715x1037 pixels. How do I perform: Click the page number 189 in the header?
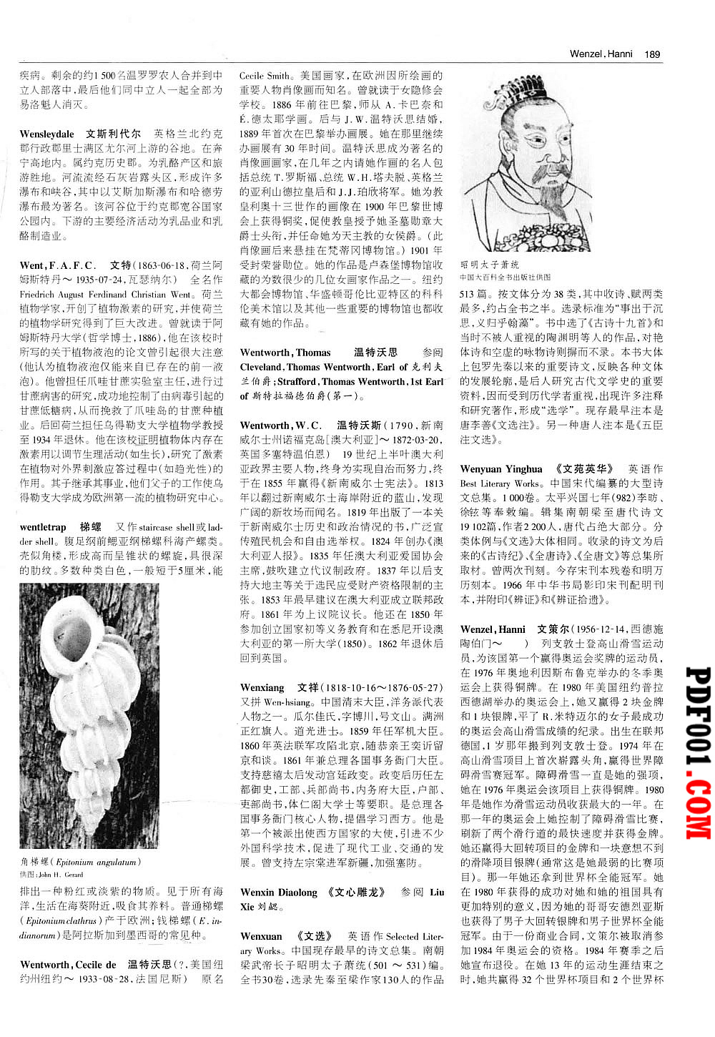(x=652, y=54)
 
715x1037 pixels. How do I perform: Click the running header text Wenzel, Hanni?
(x=601, y=54)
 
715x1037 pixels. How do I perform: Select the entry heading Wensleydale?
(x=46, y=134)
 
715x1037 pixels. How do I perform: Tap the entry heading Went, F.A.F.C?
(x=57, y=265)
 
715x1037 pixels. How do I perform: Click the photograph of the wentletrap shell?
(x=89, y=715)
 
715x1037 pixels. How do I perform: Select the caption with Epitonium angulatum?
(x=80, y=862)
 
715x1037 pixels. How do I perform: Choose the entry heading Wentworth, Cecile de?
(x=68, y=965)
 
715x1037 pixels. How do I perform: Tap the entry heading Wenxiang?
(x=262, y=688)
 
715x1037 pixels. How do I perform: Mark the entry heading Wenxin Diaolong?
(x=278, y=893)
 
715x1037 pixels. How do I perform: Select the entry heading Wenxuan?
(x=261, y=936)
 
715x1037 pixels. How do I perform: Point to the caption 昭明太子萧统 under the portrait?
(x=490, y=265)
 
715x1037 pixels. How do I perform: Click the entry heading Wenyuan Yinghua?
(x=501, y=469)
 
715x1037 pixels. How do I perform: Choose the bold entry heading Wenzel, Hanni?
(x=493, y=629)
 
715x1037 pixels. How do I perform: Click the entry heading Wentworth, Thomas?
(x=285, y=353)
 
